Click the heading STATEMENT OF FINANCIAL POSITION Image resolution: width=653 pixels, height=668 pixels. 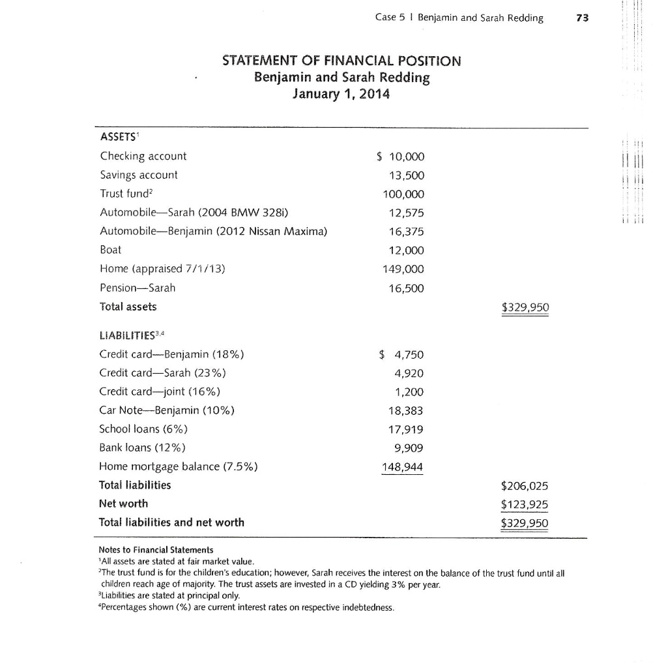[341, 61]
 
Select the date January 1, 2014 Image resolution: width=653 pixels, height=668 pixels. [341, 94]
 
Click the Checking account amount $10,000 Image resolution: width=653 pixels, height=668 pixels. [401, 156]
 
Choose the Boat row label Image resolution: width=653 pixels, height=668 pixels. [111, 250]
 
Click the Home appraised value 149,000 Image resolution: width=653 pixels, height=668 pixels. [403, 269]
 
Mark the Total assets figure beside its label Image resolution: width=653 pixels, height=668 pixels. [525, 307]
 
